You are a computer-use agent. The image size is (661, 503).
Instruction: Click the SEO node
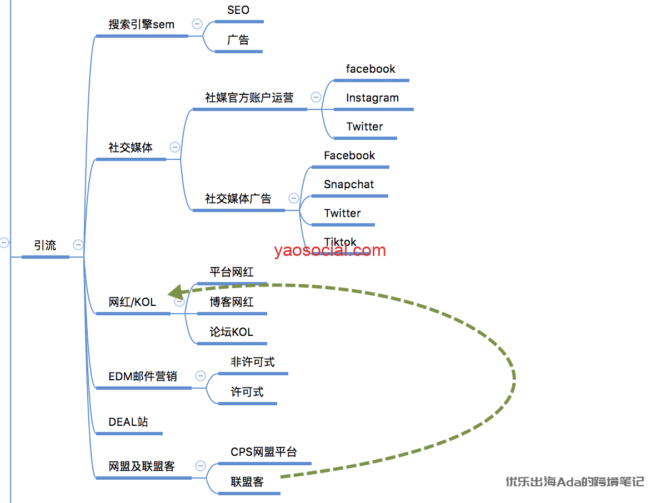(238, 11)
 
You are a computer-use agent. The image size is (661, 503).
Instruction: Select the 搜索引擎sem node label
(141, 25)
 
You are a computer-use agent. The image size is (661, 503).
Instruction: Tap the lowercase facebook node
(370, 69)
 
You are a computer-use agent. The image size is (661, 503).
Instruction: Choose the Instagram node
(372, 98)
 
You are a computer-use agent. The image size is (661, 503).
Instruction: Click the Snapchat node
(349, 185)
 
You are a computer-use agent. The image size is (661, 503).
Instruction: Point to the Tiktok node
(340, 242)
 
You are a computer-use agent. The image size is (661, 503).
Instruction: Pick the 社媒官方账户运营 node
(249, 98)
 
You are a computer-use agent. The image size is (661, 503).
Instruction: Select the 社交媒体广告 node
(238, 199)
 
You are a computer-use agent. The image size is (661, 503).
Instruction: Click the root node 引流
(45, 245)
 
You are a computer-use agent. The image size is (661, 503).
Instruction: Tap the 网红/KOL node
(132, 303)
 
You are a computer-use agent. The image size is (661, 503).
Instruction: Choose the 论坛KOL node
(231, 333)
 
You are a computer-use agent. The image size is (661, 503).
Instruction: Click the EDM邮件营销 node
(143, 377)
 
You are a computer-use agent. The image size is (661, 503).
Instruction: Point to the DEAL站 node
(128, 422)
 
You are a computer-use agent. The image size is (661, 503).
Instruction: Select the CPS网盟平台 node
(264, 452)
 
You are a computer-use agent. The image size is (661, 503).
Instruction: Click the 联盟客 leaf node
(247, 482)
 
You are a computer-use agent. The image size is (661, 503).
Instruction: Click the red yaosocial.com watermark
(329, 250)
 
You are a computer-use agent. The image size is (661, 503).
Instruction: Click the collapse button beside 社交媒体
(175, 147)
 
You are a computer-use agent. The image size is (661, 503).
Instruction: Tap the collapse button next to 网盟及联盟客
(201, 466)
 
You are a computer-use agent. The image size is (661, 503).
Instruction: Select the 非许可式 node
(253, 363)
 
